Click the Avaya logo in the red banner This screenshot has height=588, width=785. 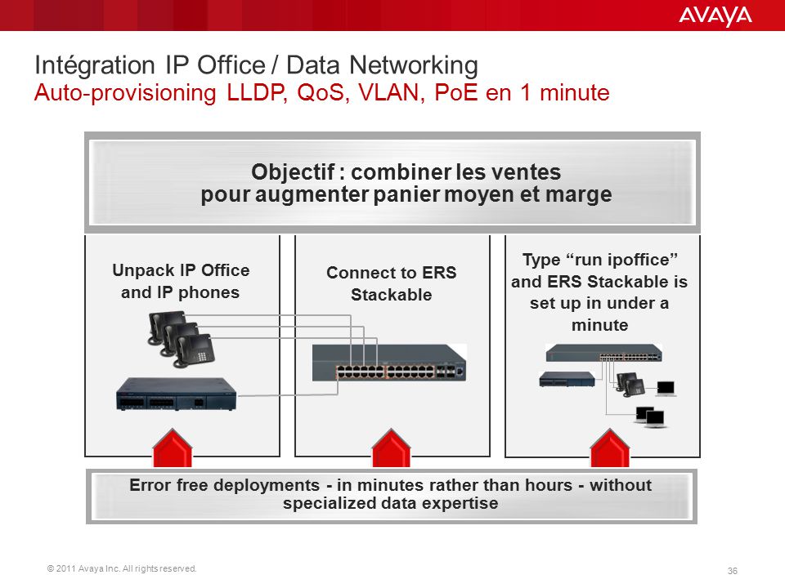click(715, 16)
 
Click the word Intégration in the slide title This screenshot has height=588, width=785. click(95, 65)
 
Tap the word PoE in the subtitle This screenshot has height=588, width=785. click(455, 92)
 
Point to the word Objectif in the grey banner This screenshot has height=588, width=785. click(293, 172)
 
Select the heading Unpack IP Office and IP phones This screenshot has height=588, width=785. click(181, 281)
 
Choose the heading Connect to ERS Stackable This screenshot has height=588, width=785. click(392, 283)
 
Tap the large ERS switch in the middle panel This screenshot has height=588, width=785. click(389, 363)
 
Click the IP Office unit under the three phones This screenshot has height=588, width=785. click(176, 394)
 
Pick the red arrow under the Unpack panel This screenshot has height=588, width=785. click(173, 448)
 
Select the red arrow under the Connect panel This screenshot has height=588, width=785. click(392, 448)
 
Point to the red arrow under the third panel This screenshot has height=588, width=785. click(610, 448)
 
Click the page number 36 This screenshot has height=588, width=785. click(732, 571)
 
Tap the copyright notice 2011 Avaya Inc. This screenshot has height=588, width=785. click(122, 568)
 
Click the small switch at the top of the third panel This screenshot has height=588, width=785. click(603, 353)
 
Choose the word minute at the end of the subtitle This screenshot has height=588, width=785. click(574, 92)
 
